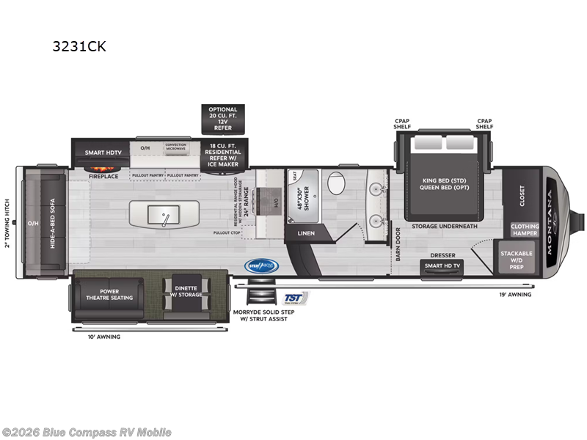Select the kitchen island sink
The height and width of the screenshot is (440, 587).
click(x=164, y=214)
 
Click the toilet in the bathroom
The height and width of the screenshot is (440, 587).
click(x=337, y=183)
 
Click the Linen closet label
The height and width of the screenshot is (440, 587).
click(x=305, y=233)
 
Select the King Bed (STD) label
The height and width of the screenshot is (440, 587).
click(x=440, y=180)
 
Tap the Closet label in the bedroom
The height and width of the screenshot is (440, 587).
click(x=522, y=194)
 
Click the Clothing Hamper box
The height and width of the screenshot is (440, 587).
click(x=524, y=230)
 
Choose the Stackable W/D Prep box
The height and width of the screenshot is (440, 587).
click(x=517, y=257)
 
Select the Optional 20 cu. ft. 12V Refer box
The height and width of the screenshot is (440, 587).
click(x=223, y=119)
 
